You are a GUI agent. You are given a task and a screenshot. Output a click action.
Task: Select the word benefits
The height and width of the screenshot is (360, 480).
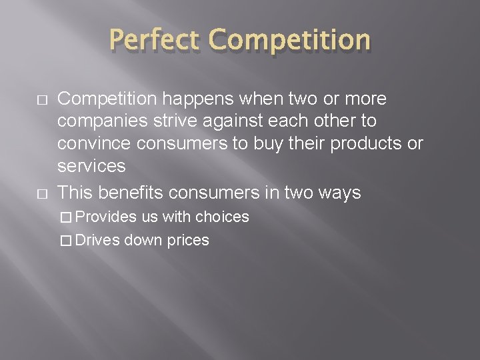(x=133, y=193)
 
